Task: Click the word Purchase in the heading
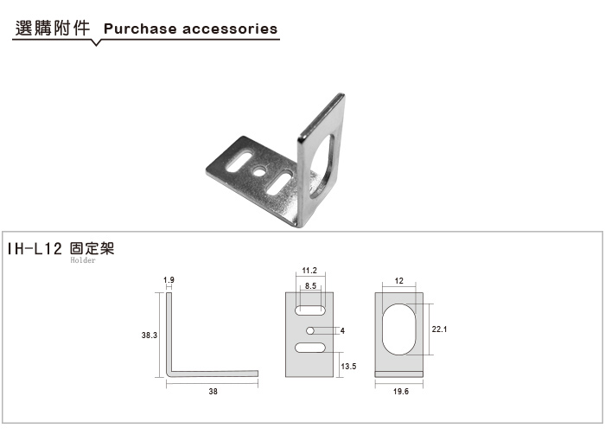(x=140, y=29)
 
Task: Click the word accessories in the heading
(x=230, y=29)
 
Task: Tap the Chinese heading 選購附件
(x=53, y=29)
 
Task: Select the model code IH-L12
(x=35, y=249)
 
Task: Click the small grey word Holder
(x=83, y=260)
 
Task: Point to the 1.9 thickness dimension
(x=169, y=279)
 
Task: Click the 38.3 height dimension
(x=150, y=335)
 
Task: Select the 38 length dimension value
(x=213, y=391)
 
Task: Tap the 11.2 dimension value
(x=309, y=271)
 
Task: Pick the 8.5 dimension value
(x=310, y=285)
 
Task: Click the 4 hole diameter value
(x=342, y=330)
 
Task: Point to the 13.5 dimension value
(x=348, y=366)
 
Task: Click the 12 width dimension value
(x=399, y=281)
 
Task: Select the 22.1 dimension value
(x=439, y=329)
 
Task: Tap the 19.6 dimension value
(x=401, y=391)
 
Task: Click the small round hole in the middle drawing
(x=309, y=330)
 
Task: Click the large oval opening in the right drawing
(x=399, y=329)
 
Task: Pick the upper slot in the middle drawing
(x=309, y=310)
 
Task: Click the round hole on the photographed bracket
(x=258, y=169)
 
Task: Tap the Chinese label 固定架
(x=92, y=249)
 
